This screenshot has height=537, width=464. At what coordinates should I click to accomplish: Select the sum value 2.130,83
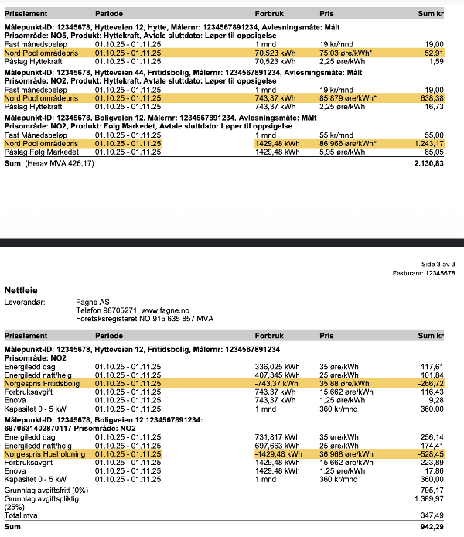point(428,165)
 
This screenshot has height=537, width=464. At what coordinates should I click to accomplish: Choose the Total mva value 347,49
point(432,514)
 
